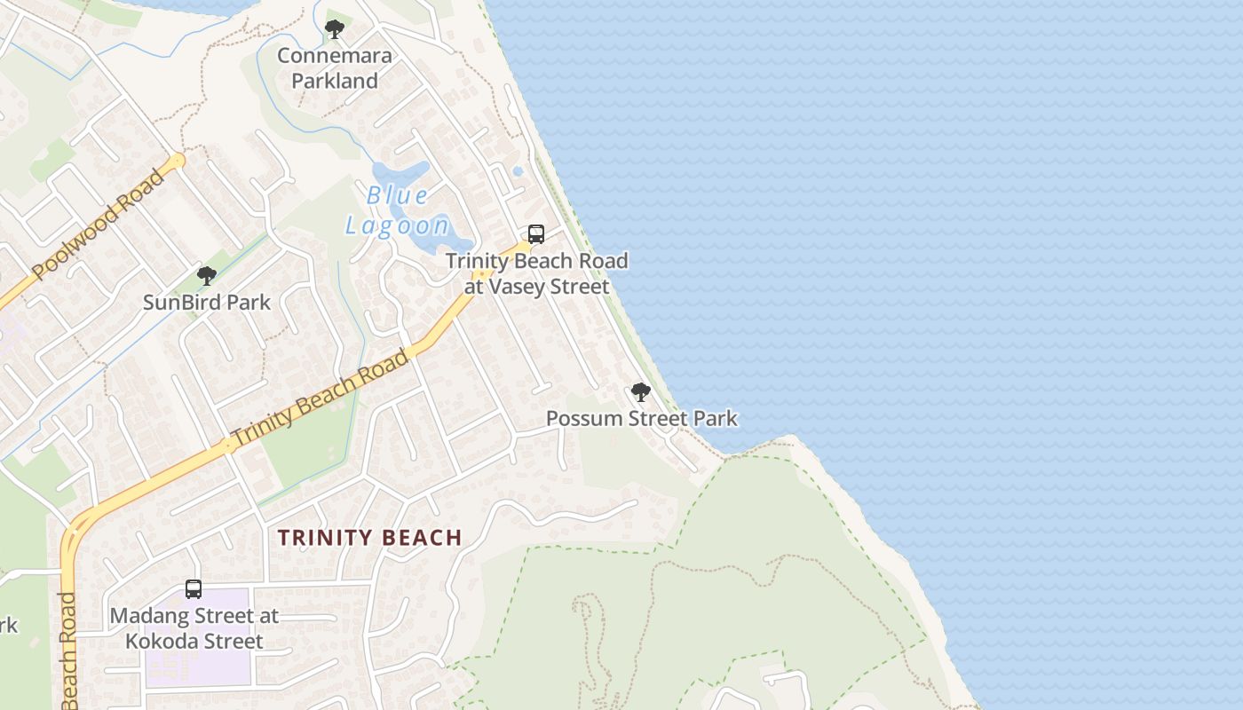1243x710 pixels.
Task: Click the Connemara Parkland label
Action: [335, 68]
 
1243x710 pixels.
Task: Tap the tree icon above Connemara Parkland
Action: [335, 29]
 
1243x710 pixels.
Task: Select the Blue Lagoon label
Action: [397, 210]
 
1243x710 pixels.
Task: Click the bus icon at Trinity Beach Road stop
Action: [536, 234]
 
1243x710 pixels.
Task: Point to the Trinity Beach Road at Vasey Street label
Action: [537, 273]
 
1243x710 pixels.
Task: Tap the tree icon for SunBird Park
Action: [207, 276]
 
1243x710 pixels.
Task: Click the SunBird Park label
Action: [207, 303]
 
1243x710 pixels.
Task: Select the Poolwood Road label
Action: [99, 225]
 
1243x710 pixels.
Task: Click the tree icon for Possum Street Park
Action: [641, 391]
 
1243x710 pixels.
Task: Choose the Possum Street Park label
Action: [641, 418]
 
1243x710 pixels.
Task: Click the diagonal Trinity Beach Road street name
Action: [320, 398]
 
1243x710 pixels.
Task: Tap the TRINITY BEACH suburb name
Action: [369, 538]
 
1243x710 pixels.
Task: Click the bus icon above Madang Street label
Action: [194, 588]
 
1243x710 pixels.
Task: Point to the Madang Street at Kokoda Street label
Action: [194, 628]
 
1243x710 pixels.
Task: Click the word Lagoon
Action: [397, 225]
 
